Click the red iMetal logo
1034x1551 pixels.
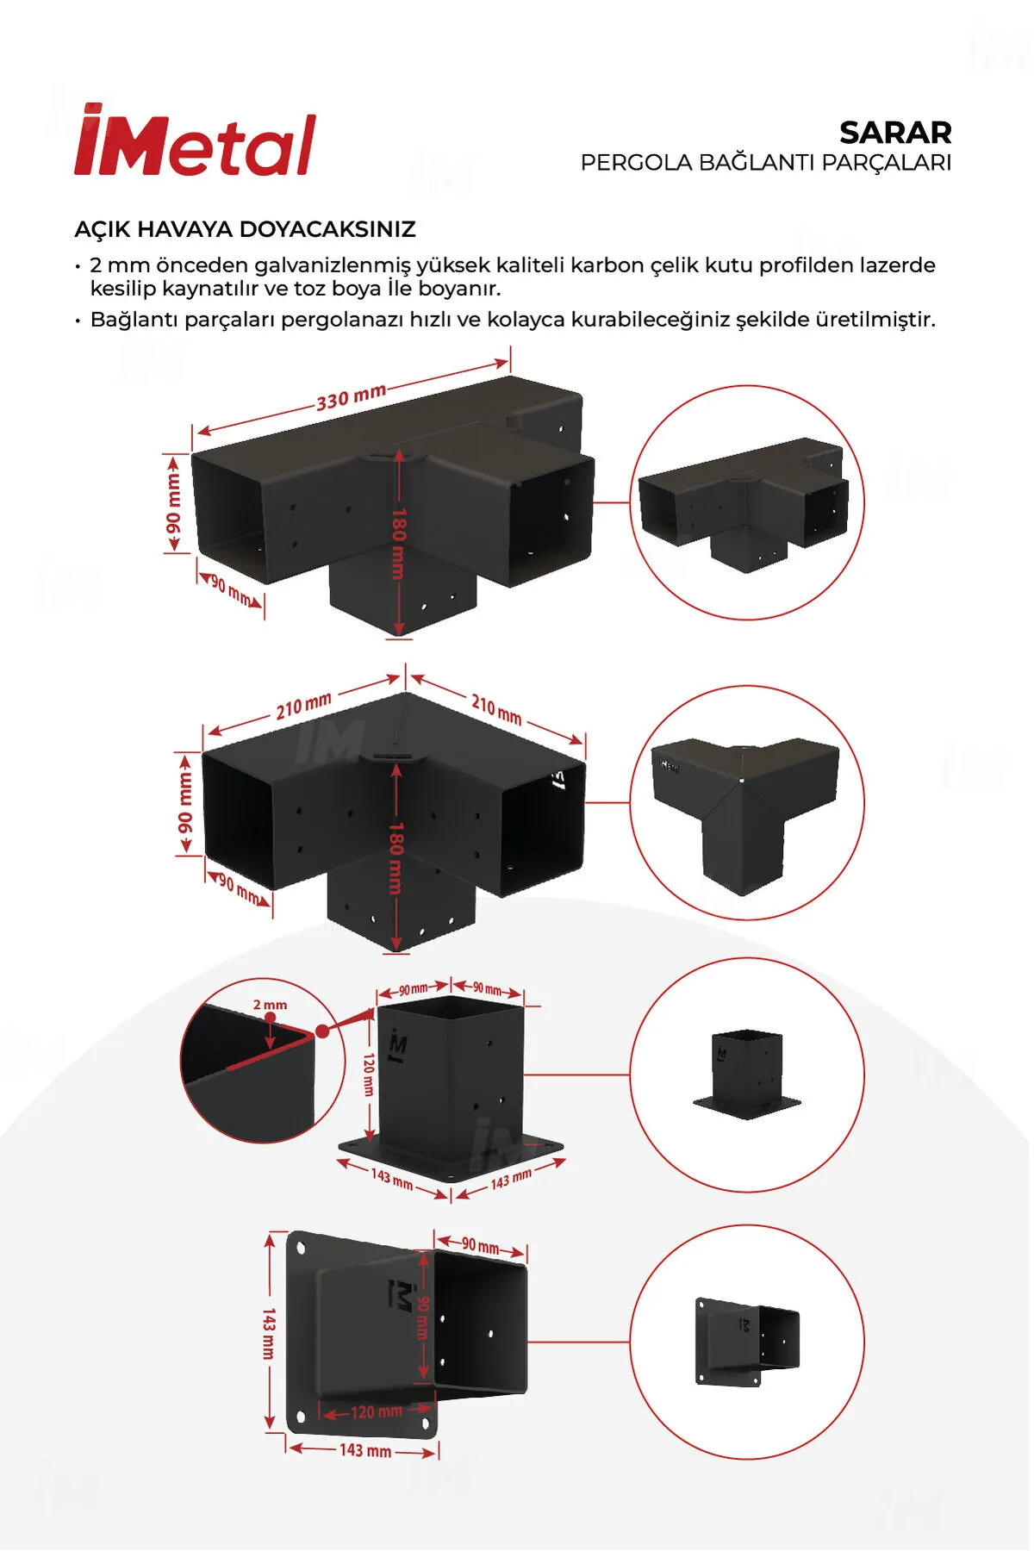click(196, 140)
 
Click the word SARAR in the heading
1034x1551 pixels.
click(895, 133)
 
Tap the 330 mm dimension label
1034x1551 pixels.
click(351, 397)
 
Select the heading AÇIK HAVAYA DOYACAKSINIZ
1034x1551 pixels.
click(246, 229)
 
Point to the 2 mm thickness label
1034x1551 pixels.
click(271, 1005)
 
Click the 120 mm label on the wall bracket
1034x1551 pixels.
click(377, 1411)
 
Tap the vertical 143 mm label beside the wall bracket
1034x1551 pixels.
click(269, 1333)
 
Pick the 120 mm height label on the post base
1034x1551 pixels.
click(369, 1074)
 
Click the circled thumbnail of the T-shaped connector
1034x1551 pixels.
click(747, 502)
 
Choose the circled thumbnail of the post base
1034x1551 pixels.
click(747, 1075)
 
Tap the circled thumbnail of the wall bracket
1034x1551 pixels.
click(747, 1342)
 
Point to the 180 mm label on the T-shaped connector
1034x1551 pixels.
click(398, 543)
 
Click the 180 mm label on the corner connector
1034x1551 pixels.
click(396, 857)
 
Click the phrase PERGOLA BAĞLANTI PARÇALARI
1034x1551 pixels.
click(766, 163)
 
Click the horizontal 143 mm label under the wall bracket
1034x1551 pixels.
click(365, 1451)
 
